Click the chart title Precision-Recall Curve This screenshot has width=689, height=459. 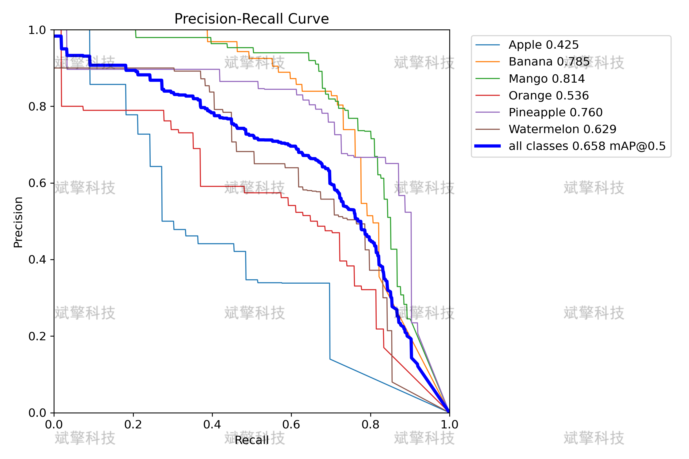[x=251, y=19]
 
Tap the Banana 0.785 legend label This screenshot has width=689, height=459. [x=549, y=62]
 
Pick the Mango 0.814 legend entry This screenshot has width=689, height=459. [x=547, y=79]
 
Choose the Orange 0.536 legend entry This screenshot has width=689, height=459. [x=549, y=96]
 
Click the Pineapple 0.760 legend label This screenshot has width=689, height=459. [x=555, y=113]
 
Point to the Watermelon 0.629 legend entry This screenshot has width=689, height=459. [x=562, y=129]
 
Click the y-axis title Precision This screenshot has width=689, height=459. [x=18, y=222]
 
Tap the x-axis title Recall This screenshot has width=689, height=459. [x=252, y=440]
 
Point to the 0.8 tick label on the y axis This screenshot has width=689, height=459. [x=37, y=106]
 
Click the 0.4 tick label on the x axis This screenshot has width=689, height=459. [x=212, y=425]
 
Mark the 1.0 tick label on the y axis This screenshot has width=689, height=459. [x=37, y=30]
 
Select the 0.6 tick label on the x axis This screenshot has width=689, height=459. [x=291, y=425]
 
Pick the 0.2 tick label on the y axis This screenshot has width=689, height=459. [x=37, y=336]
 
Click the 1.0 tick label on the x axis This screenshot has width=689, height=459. [x=450, y=425]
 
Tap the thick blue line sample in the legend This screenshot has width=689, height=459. [x=488, y=146]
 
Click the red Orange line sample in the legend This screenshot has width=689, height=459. [x=488, y=95]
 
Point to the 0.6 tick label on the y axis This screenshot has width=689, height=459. [x=37, y=183]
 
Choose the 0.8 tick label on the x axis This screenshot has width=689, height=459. [x=371, y=425]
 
